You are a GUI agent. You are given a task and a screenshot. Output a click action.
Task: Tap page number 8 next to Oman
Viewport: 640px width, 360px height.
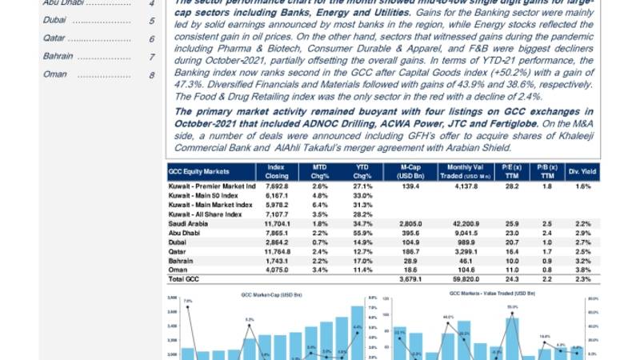[151, 75]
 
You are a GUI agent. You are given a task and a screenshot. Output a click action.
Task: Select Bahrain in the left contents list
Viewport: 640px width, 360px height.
[58, 57]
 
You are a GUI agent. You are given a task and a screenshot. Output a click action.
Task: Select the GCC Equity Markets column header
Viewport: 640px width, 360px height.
[200, 171]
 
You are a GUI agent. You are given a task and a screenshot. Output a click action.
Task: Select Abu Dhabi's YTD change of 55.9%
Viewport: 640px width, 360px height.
[362, 233]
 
